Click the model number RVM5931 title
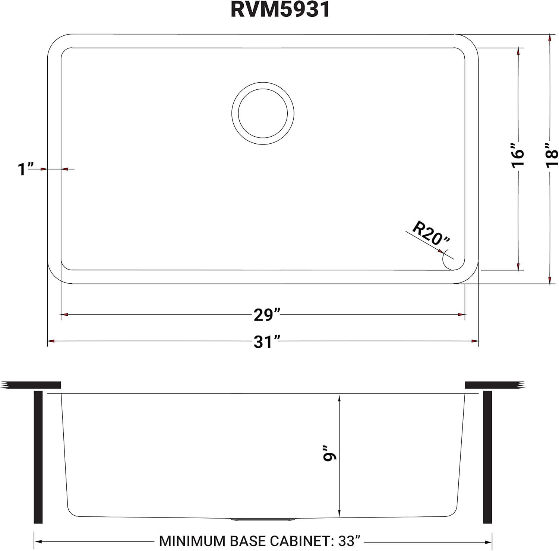280,10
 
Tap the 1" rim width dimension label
26,169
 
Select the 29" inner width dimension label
266,315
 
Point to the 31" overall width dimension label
266,341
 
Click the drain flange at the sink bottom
263,519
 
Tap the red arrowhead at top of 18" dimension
549,38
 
